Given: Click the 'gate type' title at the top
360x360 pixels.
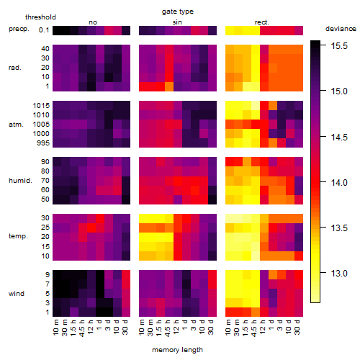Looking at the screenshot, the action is [178, 12].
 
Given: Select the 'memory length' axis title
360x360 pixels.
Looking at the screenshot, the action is [177, 350].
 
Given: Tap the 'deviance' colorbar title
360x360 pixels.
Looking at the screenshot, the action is [341, 29].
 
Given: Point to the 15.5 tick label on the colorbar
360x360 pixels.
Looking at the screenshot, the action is [339, 45].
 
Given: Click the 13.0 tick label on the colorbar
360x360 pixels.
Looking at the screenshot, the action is [339, 273].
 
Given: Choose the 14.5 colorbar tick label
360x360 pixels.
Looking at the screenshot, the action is [339, 137].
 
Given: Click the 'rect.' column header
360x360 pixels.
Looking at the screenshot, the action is [262, 22].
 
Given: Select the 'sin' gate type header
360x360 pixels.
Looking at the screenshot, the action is [177, 22].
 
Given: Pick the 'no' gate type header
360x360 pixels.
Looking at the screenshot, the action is [93, 22].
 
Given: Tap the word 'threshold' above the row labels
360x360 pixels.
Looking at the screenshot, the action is [40, 17].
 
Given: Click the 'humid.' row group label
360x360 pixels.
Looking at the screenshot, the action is [20, 181].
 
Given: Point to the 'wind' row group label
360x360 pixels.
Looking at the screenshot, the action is [17, 294].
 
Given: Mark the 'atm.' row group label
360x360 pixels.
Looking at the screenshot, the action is [16, 125].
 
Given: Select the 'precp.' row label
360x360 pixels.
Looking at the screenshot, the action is [19, 29].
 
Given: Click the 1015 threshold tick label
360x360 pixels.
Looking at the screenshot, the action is [41, 106].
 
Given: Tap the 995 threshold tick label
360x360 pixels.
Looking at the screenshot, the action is [43, 143].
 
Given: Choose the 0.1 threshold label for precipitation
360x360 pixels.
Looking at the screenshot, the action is [44, 30].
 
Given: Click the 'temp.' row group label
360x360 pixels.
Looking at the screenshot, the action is [18, 236].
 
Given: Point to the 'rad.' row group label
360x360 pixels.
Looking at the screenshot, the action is [15, 68].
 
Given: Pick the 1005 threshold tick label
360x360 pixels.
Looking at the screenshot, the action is [41, 125].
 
